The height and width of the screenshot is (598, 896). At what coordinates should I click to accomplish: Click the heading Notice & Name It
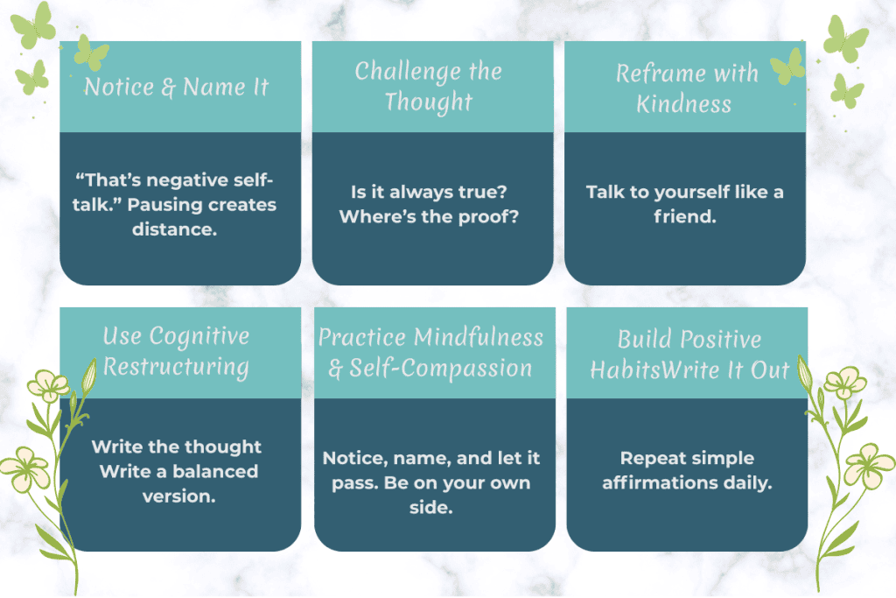coord(176,88)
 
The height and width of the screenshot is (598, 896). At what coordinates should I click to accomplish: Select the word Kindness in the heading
coord(683,104)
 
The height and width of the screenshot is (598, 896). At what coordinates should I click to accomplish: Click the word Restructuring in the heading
coord(176,366)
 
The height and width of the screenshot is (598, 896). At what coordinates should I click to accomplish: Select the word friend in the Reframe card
coord(683,216)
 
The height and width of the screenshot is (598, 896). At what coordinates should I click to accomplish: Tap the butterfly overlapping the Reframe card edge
coord(787,66)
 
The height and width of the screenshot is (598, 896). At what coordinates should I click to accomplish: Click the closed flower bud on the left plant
coord(87,376)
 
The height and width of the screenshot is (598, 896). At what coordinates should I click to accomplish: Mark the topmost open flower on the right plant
coord(845,383)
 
